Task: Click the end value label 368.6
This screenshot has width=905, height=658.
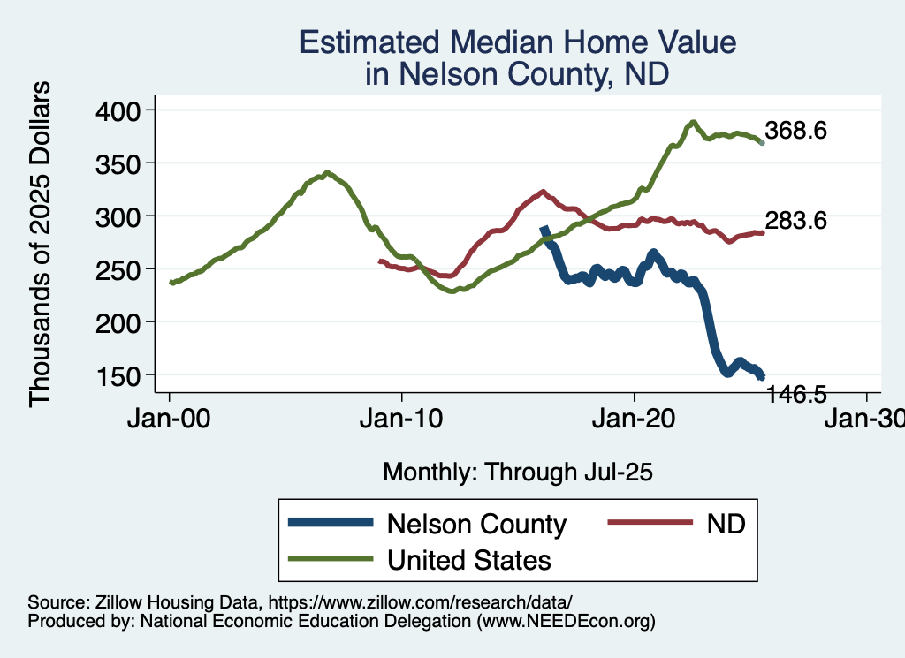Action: click(x=795, y=131)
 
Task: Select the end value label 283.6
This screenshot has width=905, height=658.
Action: click(x=795, y=221)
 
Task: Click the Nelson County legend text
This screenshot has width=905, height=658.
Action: click(x=476, y=524)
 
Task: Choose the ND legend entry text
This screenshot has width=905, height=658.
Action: click(x=726, y=524)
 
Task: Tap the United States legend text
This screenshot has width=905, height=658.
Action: click(x=468, y=559)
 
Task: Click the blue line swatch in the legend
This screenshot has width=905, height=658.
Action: click(x=329, y=524)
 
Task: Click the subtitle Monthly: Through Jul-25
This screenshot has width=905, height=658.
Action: click(x=517, y=472)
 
